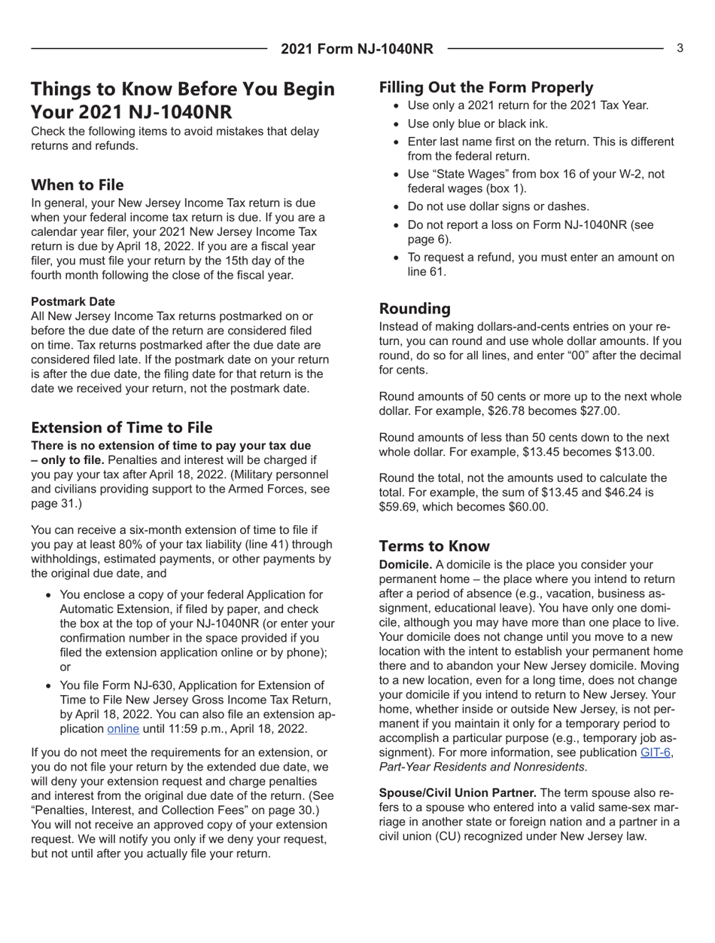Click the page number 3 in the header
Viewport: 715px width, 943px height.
coord(679,49)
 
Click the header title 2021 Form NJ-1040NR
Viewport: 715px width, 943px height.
coord(357,50)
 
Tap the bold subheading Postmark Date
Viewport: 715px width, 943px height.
coord(73,301)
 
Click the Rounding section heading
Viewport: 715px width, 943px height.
coord(415,309)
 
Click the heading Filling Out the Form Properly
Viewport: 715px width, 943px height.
coord(486,86)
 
